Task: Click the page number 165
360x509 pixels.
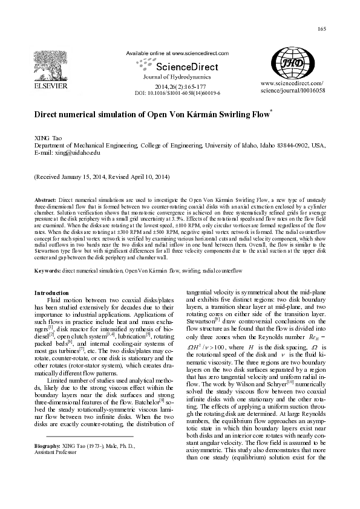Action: (321, 30)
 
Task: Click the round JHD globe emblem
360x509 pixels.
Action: (293, 63)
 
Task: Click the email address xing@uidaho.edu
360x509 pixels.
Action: (76, 154)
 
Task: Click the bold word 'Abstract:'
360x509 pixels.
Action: (45, 199)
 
